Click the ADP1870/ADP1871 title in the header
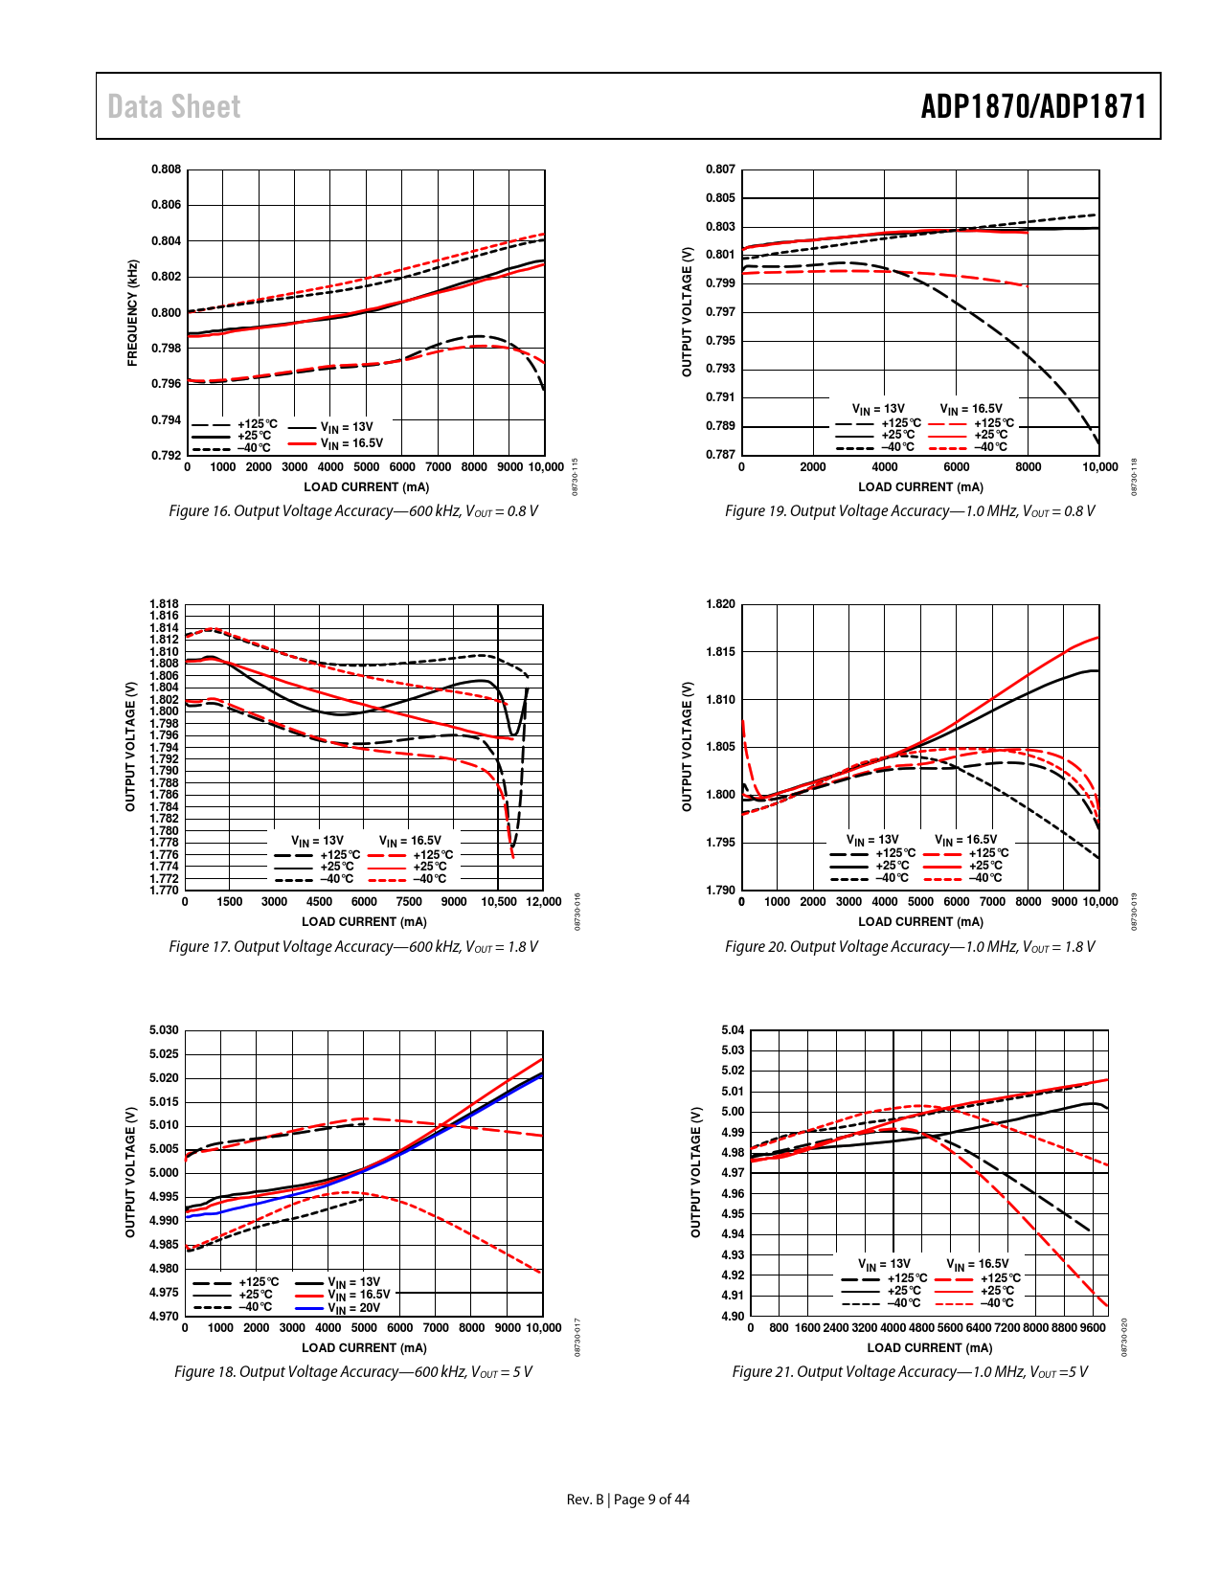pyautogui.click(x=1033, y=106)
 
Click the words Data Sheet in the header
pyautogui.click(x=173, y=106)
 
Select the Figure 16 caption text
pyautogui.click(x=353, y=511)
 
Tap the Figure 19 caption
pyautogui.click(x=910, y=511)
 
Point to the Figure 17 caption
pyautogui.click(x=353, y=947)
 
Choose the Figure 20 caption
pyautogui.click(x=910, y=947)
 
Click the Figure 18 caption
pyautogui.click(x=353, y=1372)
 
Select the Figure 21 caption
pyautogui.click(x=910, y=1372)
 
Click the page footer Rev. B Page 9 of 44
pyautogui.click(x=628, y=1500)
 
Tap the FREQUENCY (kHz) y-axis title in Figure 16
pyautogui.click(x=133, y=313)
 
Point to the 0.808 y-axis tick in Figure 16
pyautogui.click(x=166, y=169)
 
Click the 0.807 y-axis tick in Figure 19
pyautogui.click(x=720, y=169)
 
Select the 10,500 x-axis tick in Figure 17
pyautogui.click(x=498, y=902)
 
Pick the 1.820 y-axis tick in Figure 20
pyautogui.click(x=720, y=604)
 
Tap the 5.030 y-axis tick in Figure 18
pyautogui.click(x=164, y=1030)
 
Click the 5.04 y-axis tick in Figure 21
pyautogui.click(x=733, y=1030)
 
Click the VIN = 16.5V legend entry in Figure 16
pyautogui.click(x=350, y=443)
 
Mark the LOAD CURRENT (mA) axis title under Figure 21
pyautogui.click(x=929, y=1348)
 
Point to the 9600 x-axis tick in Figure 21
pyautogui.click(x=1093, y=1328)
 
